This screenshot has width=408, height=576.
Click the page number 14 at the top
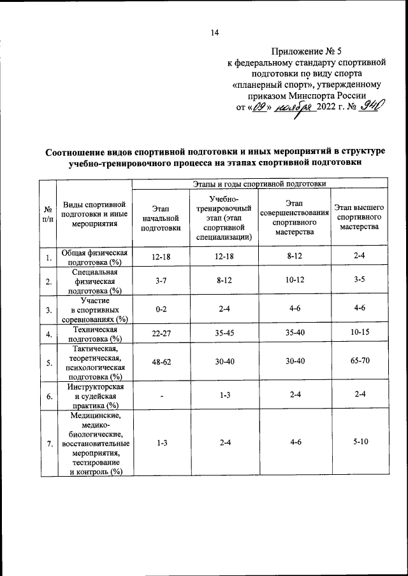[x=215, y=34]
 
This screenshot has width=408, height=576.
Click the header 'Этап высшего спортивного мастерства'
[x=359, y=218]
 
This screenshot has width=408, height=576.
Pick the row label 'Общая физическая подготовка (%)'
[x=94, y=257]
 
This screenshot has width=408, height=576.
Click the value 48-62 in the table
[x=161, y=362]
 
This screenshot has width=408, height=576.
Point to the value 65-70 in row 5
[x=359, y=362]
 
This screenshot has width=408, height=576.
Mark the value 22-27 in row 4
[x=161, y=334]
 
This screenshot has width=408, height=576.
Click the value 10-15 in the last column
[x=359, y=334]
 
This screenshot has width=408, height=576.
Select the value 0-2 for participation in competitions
[x=161, y=310]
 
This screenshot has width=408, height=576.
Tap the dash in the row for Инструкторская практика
[x=161, y=397]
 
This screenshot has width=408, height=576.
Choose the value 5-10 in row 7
[x=359, y=443]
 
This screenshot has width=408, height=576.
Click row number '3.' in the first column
[x=48, y=310]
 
